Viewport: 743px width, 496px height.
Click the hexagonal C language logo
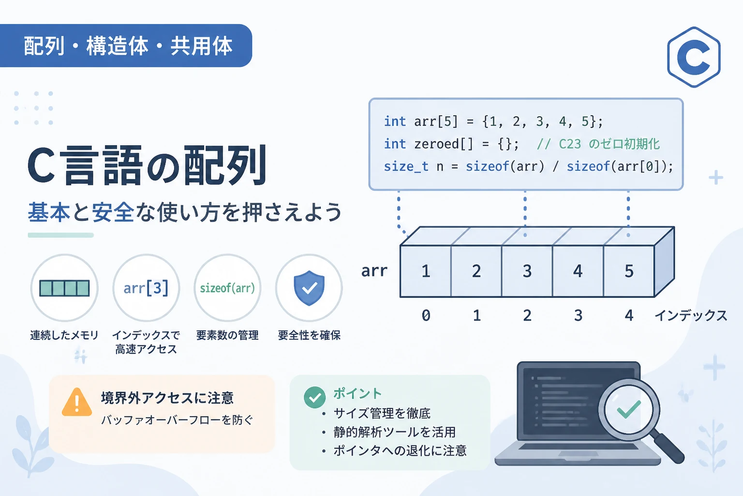[x=694, y=57]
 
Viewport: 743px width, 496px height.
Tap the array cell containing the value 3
[x=527, y=271]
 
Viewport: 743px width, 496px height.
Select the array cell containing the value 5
[x=629, y=271]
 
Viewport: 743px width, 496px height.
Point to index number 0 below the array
[x=426, y=315]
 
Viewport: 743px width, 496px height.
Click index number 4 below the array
[x=629, y=315]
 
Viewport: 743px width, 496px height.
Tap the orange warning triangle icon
[x=76, y=402]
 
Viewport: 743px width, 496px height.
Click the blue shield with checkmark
[x=309, y=288]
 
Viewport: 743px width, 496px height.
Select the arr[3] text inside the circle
[x=146, y=288]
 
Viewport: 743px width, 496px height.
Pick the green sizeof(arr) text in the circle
[x=227, y=288]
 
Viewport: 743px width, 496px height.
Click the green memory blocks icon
[x=64, y=288]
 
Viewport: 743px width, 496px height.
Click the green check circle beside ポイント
[x=314, y=397]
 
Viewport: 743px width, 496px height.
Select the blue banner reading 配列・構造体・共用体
[x=126, y=46]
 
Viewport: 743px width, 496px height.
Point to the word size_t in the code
[x=406, y=167]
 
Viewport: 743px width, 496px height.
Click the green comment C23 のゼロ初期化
[x=598, y=144]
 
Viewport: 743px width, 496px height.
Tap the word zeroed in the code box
[x=436, y=144]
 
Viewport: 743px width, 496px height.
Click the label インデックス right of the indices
[x=691, y=315]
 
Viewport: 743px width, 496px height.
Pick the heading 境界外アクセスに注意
[x=167, y=398]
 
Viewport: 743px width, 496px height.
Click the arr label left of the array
[x=374, y=271]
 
